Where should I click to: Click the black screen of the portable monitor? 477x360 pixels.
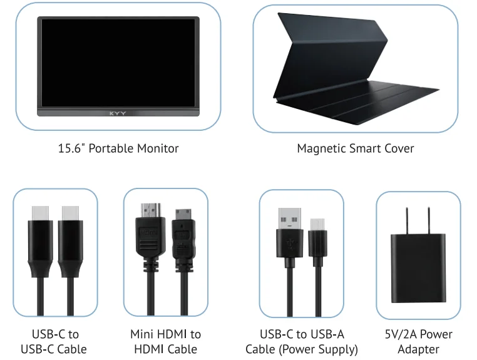tap(118, 63)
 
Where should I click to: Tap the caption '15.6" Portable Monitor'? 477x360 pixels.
tap(118, 148)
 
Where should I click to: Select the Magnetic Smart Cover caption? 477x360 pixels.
tap(356, 148)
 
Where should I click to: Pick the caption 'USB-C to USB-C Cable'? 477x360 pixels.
tap(55, 342)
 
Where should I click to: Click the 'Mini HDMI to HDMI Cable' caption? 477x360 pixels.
tap(165, 342)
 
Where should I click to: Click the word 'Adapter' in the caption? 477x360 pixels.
tap(419, 349)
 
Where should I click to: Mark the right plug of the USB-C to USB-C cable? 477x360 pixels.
tap(70, 232)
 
